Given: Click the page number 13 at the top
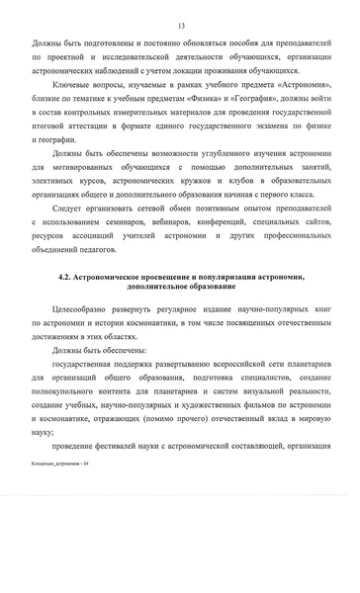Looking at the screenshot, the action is point(180,27).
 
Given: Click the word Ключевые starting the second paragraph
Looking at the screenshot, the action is point(73,116).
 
